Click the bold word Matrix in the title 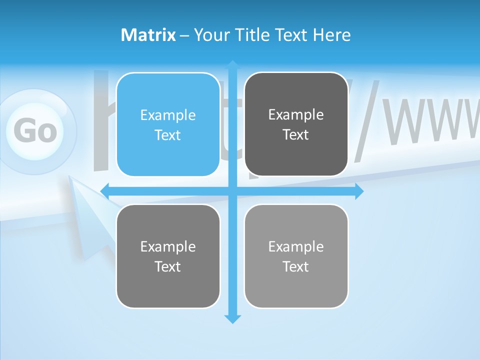pos(148,35)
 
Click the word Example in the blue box pos(168,115)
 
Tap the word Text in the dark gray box pos(296,135)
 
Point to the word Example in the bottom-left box pos(168,247)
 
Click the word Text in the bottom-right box pos(296,267)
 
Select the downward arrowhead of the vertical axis pos(232,319)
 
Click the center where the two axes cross pos(232,190)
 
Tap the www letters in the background pos(430,120)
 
